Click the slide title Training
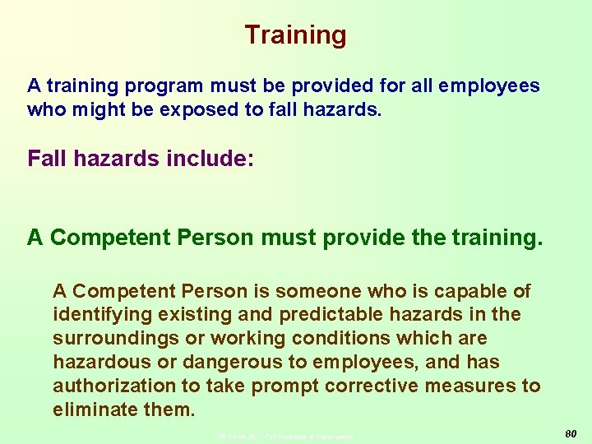(295, 35)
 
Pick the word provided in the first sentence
(293, 86)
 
